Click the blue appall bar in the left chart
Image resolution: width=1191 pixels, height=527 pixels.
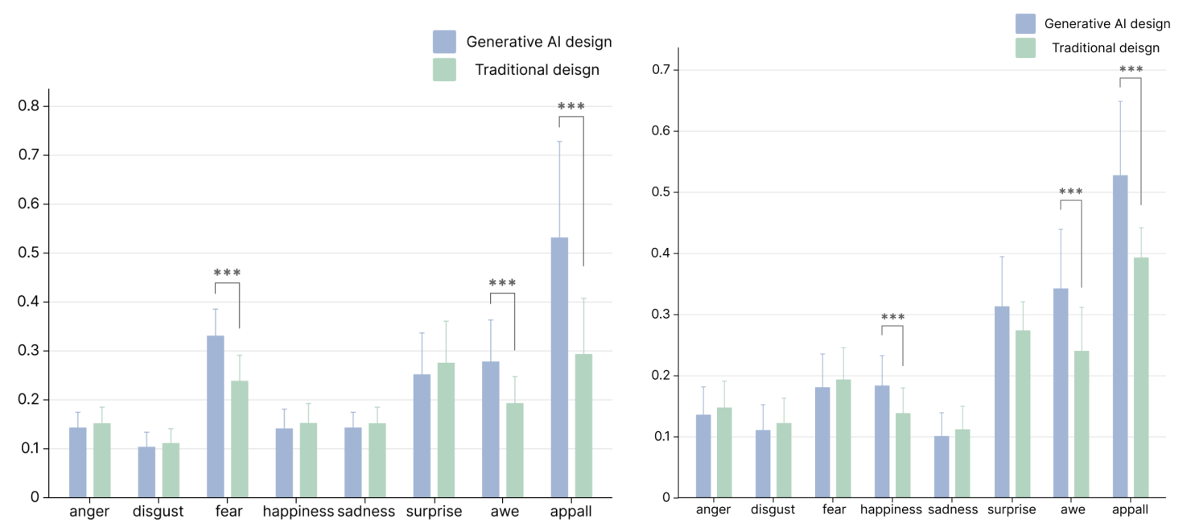[559, 367]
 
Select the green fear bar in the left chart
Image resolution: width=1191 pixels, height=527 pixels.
[240, 438]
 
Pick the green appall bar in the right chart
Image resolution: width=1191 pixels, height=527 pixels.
[1141, 377]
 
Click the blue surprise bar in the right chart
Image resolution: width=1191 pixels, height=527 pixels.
[1002, 401]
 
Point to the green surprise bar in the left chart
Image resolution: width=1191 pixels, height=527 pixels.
[446, 430]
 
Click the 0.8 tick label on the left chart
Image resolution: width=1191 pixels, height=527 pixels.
[29, 106]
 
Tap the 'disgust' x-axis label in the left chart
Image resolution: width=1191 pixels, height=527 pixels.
[159, 512]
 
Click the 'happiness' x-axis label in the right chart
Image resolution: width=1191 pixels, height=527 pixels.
[891, 509]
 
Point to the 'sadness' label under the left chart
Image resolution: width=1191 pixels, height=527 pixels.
[366, 512]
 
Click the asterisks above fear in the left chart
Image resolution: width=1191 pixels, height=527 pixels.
[227, 274]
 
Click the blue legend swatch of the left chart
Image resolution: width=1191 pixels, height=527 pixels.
[444, 42]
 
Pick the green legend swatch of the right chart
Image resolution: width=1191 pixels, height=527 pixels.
[1025, 47]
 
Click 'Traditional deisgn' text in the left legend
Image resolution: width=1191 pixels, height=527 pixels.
[537, 70]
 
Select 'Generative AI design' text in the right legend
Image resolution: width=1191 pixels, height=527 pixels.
[1107, 24]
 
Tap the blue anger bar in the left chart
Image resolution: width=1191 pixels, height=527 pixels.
[78, 462]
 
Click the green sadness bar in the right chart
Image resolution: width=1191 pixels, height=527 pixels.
[962, 463]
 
